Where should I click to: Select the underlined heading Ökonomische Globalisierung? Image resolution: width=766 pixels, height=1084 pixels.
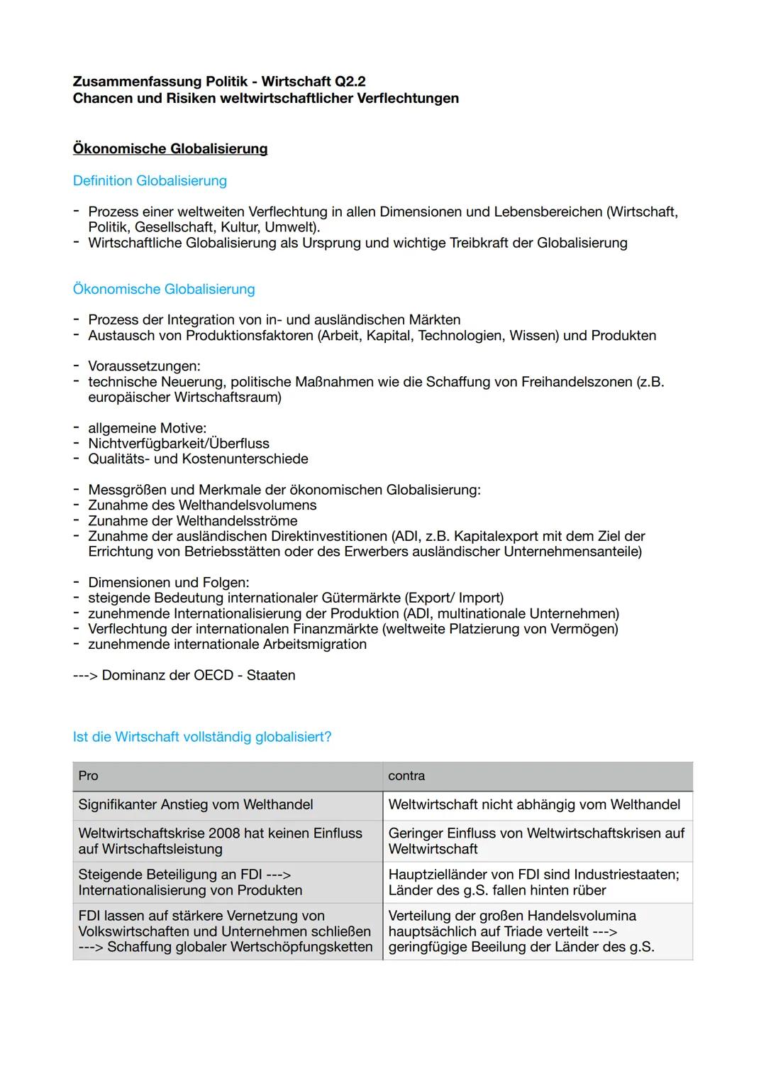(170, 149)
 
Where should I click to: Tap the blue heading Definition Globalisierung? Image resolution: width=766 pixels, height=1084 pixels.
(150, 181)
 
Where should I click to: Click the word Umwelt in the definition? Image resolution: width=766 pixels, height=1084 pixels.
(289, 227)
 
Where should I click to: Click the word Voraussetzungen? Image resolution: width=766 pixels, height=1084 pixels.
(144, 366)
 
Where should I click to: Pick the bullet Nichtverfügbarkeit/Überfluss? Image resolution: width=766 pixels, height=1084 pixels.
(179, 444)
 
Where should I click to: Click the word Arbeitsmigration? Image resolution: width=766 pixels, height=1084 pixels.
(315, 645)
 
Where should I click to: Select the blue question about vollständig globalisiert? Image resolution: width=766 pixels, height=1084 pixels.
(202, 737)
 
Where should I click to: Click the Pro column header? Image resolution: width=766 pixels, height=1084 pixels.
(89, 776)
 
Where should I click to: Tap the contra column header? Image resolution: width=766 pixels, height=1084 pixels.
(406, 776)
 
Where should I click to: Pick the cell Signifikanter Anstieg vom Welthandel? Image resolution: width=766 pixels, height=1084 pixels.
(196, 805)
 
